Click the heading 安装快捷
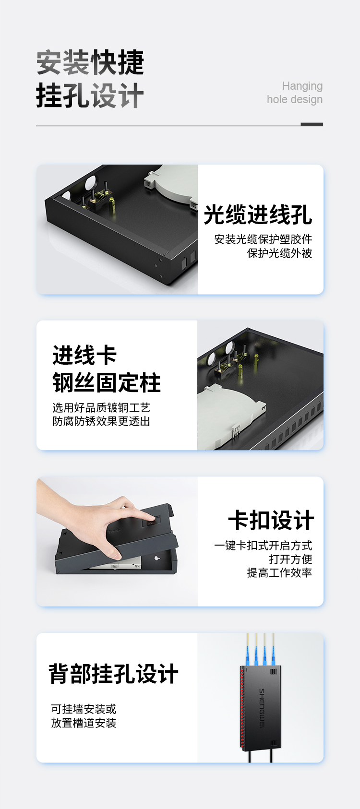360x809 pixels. coord(90,62)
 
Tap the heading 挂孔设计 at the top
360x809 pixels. coord(90,95)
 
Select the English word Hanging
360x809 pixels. coord(302,86)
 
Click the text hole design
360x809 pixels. coord(295,99)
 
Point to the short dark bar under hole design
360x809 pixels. coord(312,124)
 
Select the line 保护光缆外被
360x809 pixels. coord(279,253)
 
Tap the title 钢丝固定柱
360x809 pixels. coord(107,382)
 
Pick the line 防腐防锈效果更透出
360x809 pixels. coord(101,421)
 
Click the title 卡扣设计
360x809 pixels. coord(271,521)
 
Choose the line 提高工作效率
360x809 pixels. coord(279,572)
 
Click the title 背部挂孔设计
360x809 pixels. coord(113,674)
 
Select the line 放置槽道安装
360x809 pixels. coord(84,723)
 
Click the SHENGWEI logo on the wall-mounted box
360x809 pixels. coord(262,708)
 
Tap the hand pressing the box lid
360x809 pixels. coord(94,520)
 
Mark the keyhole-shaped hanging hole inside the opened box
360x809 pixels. coord(157,557)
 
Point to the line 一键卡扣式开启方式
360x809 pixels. coord(263,546)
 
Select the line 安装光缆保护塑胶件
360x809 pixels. coord(263,239)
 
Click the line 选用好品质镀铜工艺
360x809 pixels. coord(101,408)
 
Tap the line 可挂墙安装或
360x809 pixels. coord(84,709)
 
